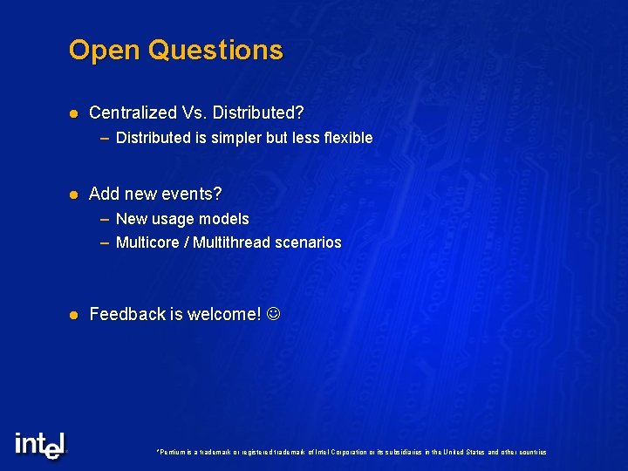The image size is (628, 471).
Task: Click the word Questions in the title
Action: (x=215, y=50)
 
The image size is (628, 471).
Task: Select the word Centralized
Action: (x=133, y=113)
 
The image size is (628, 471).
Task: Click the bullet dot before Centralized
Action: (x=74, y=113)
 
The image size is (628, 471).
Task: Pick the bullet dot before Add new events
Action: (x=74, y=194)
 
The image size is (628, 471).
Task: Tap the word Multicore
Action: (x=147, y=242)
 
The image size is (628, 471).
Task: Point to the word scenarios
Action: (x=310, y=242)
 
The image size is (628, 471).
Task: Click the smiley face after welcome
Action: (x=274, y=314)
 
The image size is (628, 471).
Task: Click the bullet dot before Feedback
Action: (x=74, y=315)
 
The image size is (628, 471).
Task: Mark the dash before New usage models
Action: (x=105, y=219)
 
